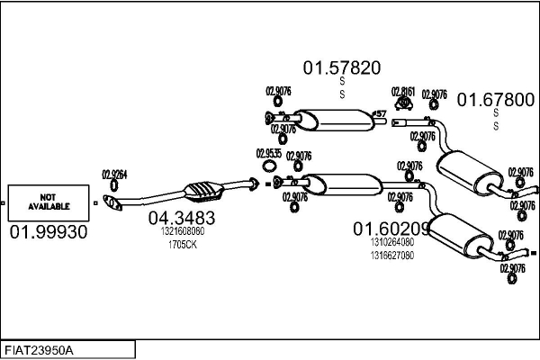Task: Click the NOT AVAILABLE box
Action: [x=49, y=202]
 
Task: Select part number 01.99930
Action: [x=49, y=232]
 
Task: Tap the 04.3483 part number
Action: [x=181, y=217]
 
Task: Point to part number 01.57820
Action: [x=341, y=67]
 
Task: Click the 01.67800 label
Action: [x=496, y=100]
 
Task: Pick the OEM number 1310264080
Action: [x=391, y=241]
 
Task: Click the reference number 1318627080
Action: [x=391, y=254]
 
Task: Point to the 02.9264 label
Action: [x=114, y=175]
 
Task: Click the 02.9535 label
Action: [x=268, y=153]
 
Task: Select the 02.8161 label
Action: [x=403, y=91]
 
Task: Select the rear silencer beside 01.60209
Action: [x=461, y=236]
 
